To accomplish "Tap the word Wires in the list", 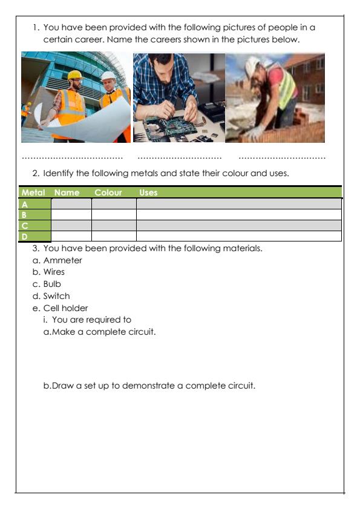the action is pos(54,272).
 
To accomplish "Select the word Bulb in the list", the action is pos(52,284).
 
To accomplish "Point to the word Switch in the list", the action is pos(56,296).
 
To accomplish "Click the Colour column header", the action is pos(108,193).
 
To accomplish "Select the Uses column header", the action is pos(148,193).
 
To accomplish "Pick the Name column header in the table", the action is pos(67,193).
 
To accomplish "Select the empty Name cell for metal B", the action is pos(71,215).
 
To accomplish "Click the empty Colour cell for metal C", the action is pos(114,225).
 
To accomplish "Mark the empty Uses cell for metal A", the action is pos(238,205).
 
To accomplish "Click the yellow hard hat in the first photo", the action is pos(74,74).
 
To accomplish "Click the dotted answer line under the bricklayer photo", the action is pos(282,158).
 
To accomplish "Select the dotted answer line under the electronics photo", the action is pos(180,158).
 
